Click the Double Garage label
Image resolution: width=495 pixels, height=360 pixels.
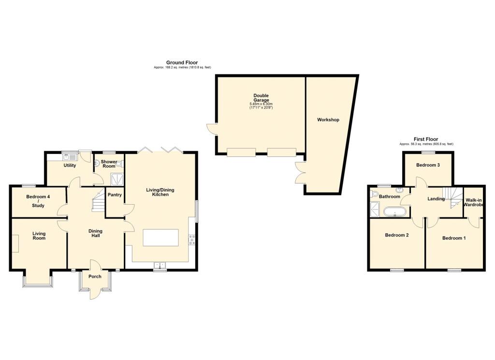[x=261, y=98]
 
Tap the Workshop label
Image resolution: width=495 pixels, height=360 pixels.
[x=328, y=120]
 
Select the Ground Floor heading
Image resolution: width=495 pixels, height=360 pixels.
[x=182, y=62]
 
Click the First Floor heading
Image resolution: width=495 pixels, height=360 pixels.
[x=426, y=139]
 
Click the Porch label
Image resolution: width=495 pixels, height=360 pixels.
[x=95, y=277]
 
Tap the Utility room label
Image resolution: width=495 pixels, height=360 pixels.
[x=70, y=165]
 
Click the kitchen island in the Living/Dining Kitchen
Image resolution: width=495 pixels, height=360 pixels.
[x=160, y=238]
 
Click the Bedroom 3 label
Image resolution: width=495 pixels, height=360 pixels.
[x=428, y=165]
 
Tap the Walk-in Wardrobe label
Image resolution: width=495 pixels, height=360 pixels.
[x=474, y=202]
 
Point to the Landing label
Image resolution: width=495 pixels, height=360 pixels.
[x=436, y=199]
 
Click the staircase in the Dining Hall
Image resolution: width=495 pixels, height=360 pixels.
[x=98, y=202]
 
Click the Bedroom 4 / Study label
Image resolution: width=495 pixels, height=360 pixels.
[x=38, y=201]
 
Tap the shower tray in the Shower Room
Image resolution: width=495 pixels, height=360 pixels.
[x=116, y=180]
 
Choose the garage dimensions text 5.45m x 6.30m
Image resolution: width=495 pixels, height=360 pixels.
[x=261, y=104]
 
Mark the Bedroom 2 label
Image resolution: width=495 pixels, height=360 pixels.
[x=397, y=236]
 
